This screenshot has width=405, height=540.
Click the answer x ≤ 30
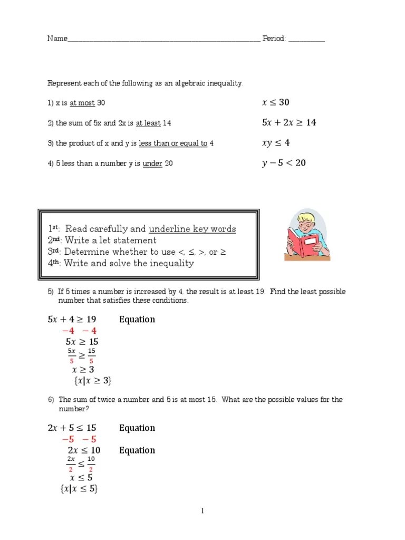[x=275, y=102]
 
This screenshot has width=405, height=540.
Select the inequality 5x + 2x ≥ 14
[x=289, y=122]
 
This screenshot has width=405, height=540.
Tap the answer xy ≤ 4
[x=275, y=142]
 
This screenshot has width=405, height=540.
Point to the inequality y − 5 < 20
[x=284, y=163]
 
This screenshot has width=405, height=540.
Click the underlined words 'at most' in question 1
[x=82, y=103]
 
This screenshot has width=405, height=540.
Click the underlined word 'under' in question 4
[x=152, y=163]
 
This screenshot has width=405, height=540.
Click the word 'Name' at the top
[x=57, y=38]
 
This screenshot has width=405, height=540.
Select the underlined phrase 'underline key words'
[x=192, y=229]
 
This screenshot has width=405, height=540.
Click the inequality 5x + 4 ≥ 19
[x=72, y=319]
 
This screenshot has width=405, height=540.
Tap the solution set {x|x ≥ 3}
[x=93, y=380]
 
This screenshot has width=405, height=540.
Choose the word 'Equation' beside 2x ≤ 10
[x=137, y=450]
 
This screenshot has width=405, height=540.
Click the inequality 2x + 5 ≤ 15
[x=72, y=428]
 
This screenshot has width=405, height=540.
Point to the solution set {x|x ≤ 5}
[x=79, y=489]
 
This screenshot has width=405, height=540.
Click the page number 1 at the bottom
[x=202, y=510]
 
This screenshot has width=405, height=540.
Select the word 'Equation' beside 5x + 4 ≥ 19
[x=137, y=319]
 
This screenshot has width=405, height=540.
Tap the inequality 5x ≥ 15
[x=82, y=342]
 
